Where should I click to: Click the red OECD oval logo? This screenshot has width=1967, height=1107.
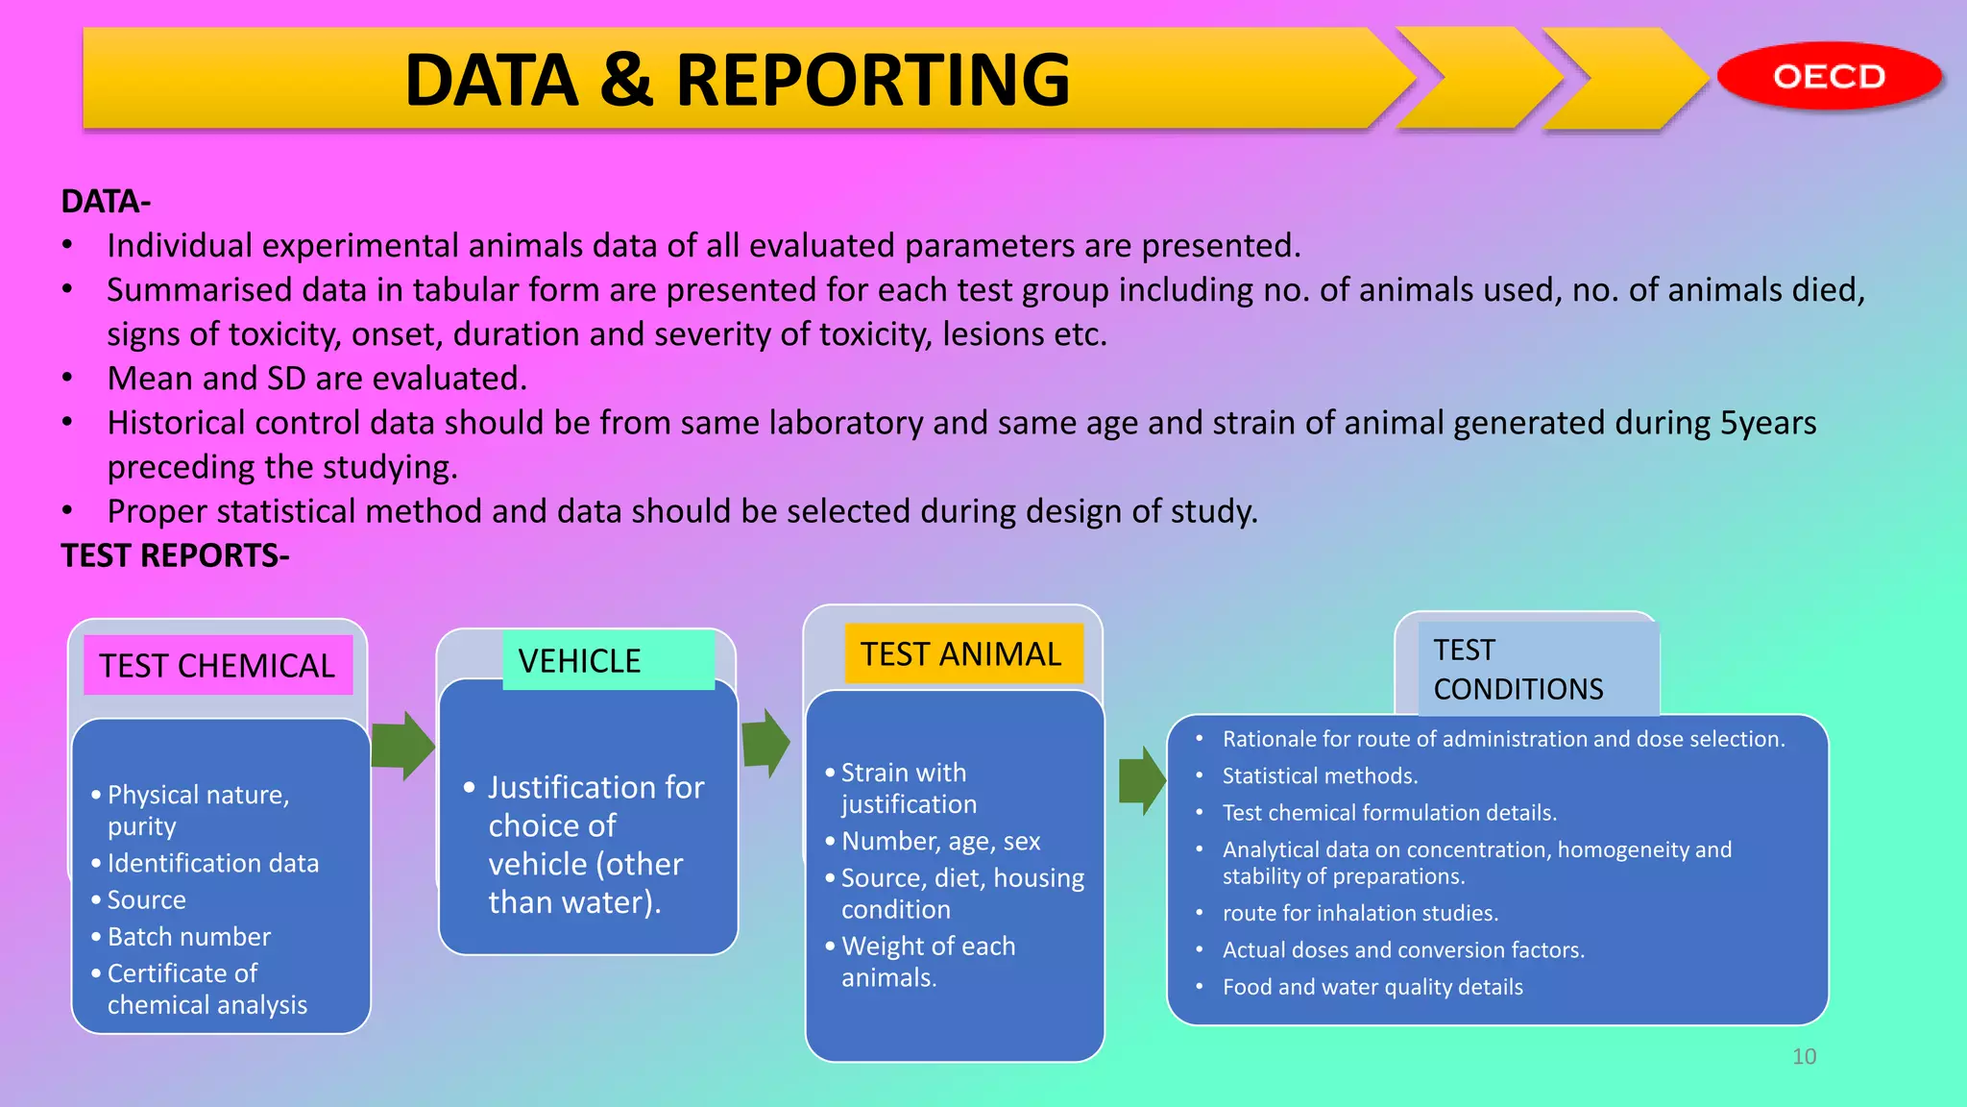[x=1829, y=76]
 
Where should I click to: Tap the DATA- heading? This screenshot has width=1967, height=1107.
[x=106, y=202]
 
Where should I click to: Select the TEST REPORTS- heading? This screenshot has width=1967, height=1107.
[x=175, y=555]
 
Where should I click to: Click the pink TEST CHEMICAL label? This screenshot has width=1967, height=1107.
[x=217, y=665]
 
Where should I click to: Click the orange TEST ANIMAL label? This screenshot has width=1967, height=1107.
[x=962, y=653]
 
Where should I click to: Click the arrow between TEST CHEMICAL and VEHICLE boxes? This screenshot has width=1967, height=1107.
[x=403, y=746]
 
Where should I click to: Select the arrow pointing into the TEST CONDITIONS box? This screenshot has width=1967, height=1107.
[x=1143, y=780]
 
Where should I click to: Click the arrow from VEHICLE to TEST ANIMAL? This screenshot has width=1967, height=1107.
[x=765, y=743]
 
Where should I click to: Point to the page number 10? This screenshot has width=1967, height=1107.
[x=1804, y=1056]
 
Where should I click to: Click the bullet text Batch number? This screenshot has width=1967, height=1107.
[x=188, y=936]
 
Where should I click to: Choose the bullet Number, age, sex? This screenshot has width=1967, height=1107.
[x=940, y=841]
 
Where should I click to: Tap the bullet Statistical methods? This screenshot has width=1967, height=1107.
[x=1320, y=775]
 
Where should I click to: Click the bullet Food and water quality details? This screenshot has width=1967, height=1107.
[x=1372, y=987]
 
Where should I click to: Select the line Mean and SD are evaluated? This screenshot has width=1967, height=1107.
[x=317, y=379]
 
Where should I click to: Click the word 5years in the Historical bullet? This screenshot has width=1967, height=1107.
[x=1767, y=423]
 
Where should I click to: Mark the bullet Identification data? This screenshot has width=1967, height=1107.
[x=212, y=863]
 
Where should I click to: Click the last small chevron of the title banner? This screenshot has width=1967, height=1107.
[x=1623, y=79]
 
